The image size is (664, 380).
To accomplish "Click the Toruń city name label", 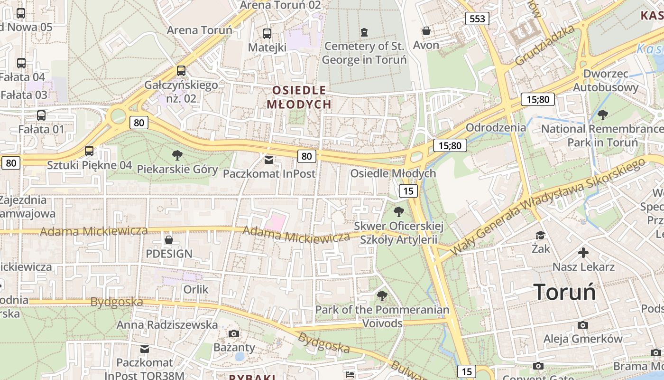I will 564,291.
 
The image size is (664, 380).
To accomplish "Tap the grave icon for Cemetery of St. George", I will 364,32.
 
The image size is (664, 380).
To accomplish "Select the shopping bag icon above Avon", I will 426,31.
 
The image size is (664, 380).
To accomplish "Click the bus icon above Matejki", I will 267,34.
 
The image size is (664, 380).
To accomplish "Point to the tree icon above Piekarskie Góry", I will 177,155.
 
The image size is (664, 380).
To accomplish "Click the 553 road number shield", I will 477,19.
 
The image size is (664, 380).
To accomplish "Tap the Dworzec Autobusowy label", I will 606,81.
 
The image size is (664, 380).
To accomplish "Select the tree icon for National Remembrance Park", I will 603,114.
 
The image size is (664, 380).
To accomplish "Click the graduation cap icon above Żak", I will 540,235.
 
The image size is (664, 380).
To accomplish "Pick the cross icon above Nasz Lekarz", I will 583,253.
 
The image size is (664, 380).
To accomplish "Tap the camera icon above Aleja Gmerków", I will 583,325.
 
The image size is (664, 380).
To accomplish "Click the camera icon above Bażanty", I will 234,333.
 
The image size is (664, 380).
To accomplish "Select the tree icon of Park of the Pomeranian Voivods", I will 382,296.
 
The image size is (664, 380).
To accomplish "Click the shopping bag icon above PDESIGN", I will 168,240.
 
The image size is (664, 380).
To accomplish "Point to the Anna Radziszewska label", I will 167,325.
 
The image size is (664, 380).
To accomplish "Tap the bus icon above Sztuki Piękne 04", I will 89,152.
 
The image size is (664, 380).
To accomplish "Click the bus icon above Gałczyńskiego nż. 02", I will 181,71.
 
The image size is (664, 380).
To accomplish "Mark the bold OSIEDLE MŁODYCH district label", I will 299,97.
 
